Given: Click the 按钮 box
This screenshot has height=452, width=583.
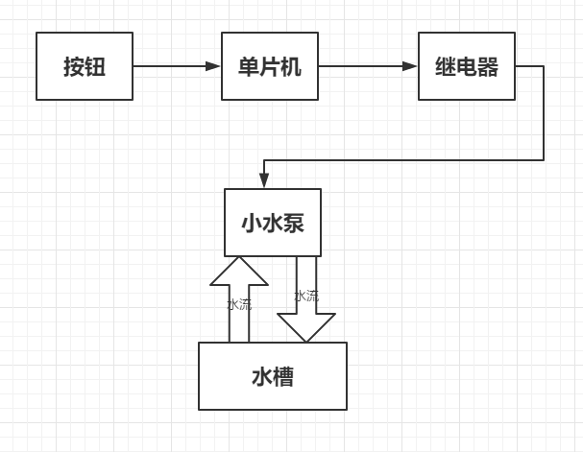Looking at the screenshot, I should (x=85, y=66).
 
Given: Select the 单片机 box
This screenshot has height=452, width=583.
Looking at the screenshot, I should (x=270, y=66).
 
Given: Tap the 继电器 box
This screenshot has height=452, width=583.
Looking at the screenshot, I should (x=467, y=66).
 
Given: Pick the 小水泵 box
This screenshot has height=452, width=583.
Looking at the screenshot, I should (x=273, y=223).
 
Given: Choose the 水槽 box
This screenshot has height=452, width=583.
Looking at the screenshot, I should (x=273, y=376).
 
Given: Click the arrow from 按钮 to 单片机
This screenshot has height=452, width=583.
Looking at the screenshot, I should (x=173, y=66).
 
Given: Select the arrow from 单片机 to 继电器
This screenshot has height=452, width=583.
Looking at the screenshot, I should (x=365, y=66).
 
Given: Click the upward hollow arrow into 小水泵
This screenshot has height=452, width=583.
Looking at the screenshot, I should (x=239, y=297).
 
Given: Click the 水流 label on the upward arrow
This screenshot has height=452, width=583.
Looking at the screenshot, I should (x=239, y=305).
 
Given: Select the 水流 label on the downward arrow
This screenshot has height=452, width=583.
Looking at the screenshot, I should (x=306, y=296).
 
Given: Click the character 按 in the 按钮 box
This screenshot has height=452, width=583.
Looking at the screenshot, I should (x=74, y=67).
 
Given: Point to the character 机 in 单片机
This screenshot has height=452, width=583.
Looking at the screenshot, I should (x=292, y=67).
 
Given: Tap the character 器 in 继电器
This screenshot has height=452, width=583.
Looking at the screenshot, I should (x=488, y=67).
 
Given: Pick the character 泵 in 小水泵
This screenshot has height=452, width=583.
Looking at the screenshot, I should (x=294, y=224).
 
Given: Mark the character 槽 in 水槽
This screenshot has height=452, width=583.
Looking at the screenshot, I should (x=283, y=376).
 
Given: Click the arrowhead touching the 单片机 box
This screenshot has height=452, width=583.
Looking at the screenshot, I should (x=214, y=66).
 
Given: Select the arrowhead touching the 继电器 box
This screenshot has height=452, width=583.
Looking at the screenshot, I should (x=411, y=66).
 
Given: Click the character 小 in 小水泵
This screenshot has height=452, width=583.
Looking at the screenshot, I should (x=251, y=224).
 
